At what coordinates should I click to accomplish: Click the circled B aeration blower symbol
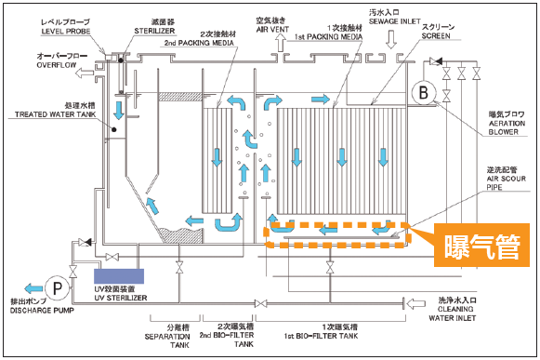point(425,91)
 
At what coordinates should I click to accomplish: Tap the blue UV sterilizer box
point(118,275)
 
